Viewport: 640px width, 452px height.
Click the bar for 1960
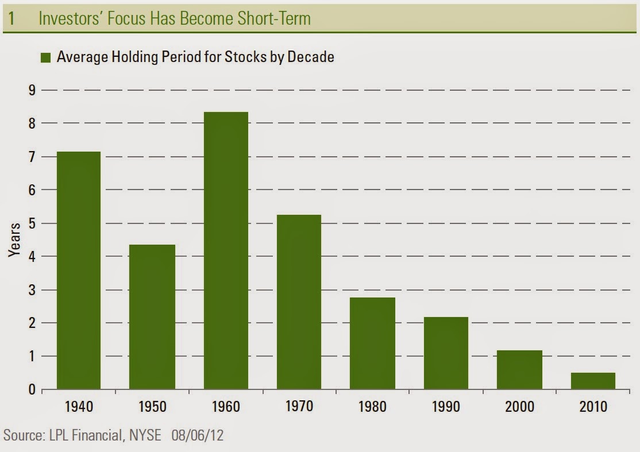pos(226,250)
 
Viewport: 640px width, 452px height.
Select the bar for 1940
pos(79,271)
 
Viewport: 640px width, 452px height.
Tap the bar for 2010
pos(593,381)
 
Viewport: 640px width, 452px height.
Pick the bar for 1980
pos(373,343)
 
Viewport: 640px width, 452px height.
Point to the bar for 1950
pos(152,317)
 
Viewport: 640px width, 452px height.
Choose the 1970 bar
pos(299,302)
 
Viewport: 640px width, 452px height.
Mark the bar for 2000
pos(519,370)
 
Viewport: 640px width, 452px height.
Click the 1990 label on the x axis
pos(446,407)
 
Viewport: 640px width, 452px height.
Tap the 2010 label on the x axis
pos(593,407)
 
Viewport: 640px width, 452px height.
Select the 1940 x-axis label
pos(79,407)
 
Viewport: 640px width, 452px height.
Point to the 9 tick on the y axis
pos(32,91)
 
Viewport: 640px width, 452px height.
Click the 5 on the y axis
pos(32,223)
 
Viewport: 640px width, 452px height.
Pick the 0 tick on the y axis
pos(32,389)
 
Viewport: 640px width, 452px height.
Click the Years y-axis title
pos(14,240)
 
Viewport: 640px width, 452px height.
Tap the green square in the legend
pos(46,57)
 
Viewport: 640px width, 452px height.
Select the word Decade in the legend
pos(311,57)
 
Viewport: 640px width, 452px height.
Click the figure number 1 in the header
pos(12,18)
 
